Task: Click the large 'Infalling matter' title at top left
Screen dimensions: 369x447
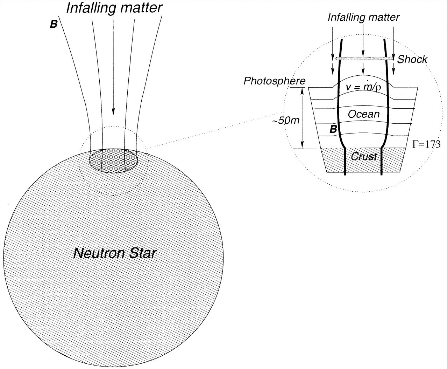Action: click(x=114, y=8)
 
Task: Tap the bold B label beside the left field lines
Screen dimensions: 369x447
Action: click(x=54, y=25)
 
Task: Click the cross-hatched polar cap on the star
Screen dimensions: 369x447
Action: click(x=113, y=160)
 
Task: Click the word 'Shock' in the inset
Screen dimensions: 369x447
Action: click(x=412, y=59)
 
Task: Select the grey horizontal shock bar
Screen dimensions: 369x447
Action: click(x=364, y=59)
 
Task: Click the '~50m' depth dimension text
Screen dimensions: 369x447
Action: click(x=286, y=121)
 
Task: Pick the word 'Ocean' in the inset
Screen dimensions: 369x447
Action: click(x=363, y=114)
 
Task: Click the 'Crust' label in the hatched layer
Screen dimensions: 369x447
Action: click(x=364, y=156)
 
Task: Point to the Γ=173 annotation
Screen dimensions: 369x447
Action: click(x=426, y=144)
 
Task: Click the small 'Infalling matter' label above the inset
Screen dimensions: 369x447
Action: click(x=363, y=17)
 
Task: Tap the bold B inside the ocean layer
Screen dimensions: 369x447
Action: click(x=334, y=129)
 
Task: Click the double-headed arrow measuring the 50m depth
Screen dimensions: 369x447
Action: click(x=303, y=117)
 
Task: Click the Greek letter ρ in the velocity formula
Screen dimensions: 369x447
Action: click(x=377, y=87)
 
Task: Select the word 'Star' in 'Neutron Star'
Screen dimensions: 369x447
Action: click(x=140, y=253)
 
